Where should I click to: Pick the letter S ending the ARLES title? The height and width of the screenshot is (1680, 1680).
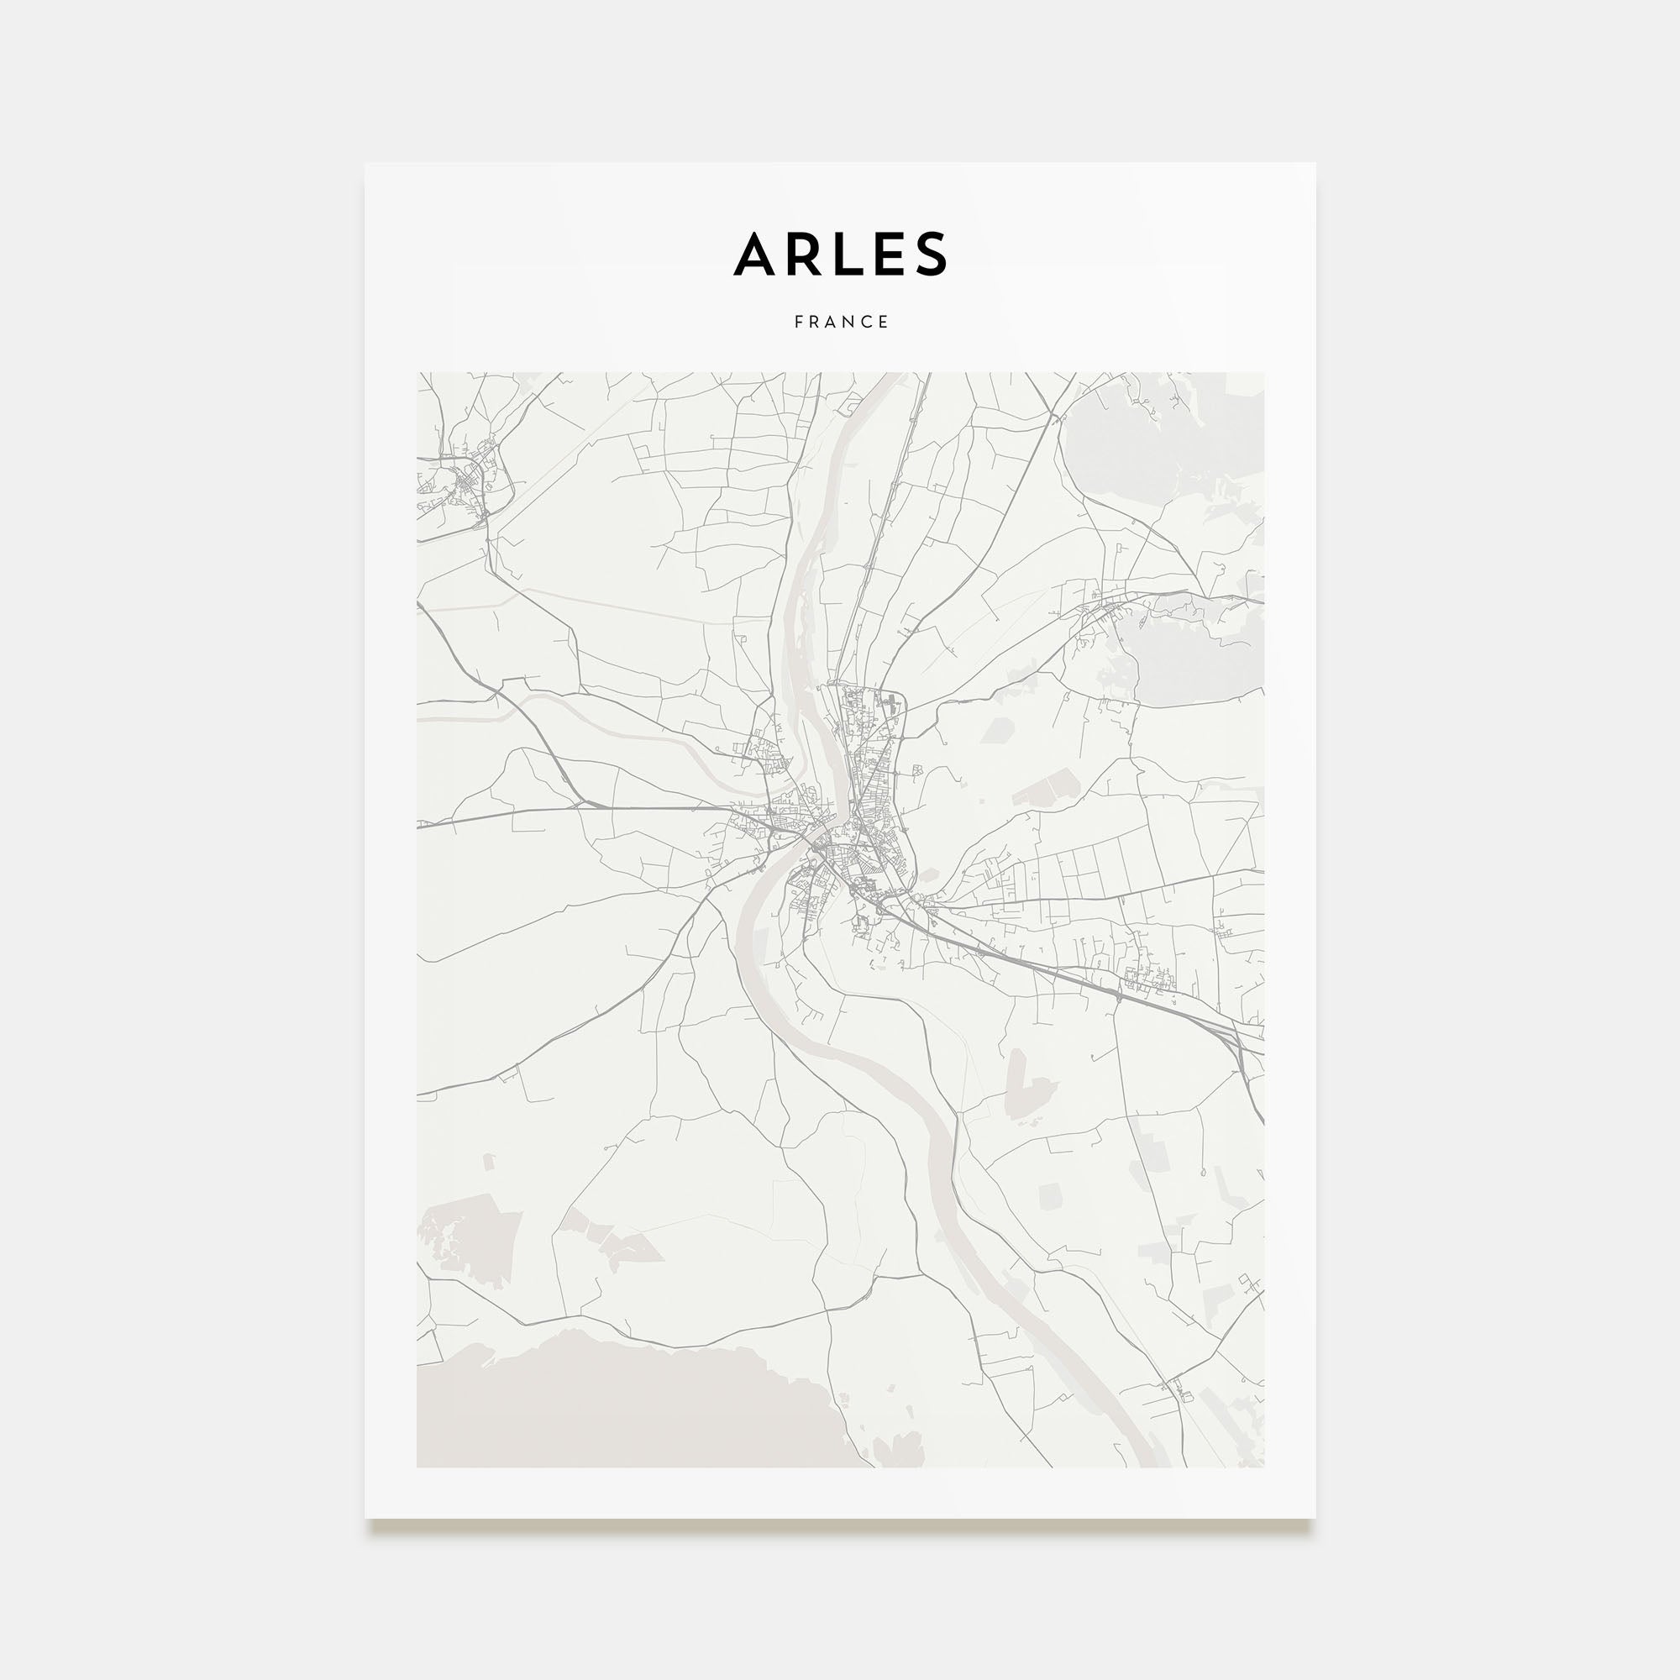(930, 254)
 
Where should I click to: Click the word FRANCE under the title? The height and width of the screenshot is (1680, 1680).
(841, 322)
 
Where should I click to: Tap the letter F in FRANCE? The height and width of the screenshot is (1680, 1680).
(798, 322)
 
